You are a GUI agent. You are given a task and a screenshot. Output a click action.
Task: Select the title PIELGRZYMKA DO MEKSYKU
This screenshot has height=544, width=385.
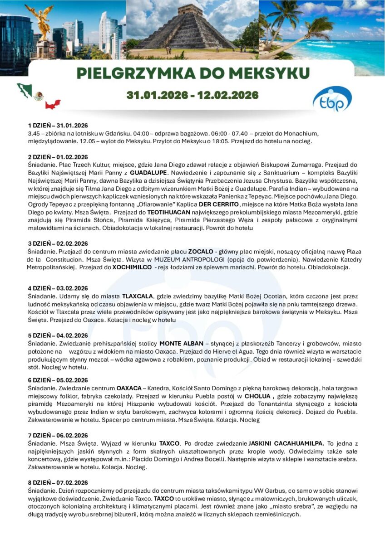click(193, 73)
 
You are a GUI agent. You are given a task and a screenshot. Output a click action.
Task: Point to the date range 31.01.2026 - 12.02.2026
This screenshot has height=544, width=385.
click(192, 95)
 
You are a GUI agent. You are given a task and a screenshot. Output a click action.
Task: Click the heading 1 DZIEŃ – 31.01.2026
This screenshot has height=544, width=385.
click(58, 125)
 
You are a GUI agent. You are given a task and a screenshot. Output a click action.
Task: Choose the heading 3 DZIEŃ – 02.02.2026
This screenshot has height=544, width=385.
click(58, 243)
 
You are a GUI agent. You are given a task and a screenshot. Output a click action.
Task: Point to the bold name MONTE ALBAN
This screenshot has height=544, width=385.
click(181, 343)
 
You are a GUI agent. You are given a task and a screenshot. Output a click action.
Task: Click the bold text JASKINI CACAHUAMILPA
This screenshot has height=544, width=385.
click(286, 443)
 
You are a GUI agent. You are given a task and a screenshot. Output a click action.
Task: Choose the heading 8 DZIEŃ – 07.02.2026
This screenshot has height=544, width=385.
click(58, 482)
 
